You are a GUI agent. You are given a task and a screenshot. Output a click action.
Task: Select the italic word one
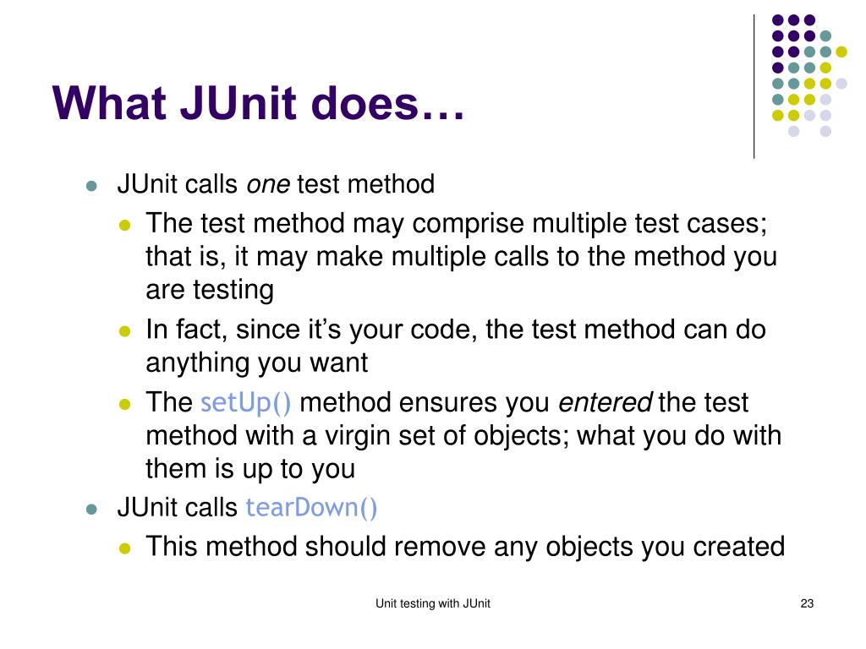pos(267,184)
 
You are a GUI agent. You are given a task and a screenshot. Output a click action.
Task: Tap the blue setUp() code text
pos(246,402)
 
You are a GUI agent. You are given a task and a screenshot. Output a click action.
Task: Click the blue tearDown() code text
pos(311,508)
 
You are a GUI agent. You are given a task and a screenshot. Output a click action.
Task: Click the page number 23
pos(806,603)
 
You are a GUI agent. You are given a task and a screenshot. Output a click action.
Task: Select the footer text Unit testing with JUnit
pos(433,603)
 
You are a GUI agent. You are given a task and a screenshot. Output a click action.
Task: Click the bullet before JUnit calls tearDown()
pos(91,510)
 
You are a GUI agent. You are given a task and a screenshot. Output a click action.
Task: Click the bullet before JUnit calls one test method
pos(91,186)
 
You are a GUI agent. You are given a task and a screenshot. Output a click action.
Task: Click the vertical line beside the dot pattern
pos(754,85)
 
